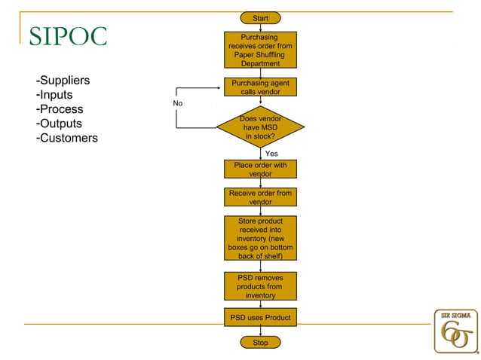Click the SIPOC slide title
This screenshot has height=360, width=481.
(69, 35)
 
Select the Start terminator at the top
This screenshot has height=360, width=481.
(260, 18)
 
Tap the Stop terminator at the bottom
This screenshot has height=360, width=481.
(260, 343)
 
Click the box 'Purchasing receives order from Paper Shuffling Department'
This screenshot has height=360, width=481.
(260, 50)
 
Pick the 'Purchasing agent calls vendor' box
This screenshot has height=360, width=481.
(260, 87)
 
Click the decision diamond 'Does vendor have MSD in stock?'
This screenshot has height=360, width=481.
(260, 127)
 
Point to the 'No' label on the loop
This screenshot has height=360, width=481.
(178, 103)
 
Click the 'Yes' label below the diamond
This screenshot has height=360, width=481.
(272, 154)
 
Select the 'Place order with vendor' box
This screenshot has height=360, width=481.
(260, 169)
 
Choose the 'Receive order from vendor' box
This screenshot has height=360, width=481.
(260, 197)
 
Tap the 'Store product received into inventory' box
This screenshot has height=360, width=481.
(260, 239)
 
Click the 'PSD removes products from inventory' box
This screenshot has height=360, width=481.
(260, 286)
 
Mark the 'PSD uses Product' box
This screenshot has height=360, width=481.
(260, 318)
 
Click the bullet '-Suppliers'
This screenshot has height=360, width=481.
(63, 81)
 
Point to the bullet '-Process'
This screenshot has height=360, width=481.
(59, 109)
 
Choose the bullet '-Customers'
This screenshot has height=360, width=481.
(66, 138)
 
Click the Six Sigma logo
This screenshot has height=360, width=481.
(455, 331)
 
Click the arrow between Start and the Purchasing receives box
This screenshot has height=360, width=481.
(260, 28)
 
